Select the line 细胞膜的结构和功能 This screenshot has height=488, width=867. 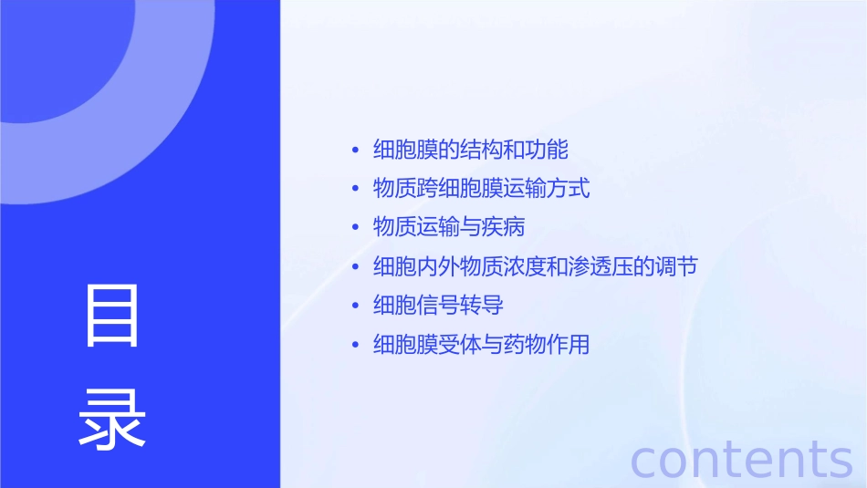(470, 149)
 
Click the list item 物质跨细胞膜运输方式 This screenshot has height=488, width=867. (481, 188)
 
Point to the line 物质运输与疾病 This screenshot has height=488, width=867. (448, 227)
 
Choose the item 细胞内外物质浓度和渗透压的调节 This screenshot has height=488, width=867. (536, 266)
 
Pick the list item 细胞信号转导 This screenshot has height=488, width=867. (437, 305)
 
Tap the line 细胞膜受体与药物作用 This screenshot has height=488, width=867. (481, 344)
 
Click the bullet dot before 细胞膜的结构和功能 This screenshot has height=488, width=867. (355, 150)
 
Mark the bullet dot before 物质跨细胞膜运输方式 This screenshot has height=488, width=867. (355, 189)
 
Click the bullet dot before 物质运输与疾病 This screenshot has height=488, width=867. (355, 228)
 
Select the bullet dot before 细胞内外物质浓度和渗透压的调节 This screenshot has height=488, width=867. (355, 267)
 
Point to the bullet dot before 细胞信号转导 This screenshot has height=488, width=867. (355, 306)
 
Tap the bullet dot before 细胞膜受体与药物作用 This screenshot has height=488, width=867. (355, 345)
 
